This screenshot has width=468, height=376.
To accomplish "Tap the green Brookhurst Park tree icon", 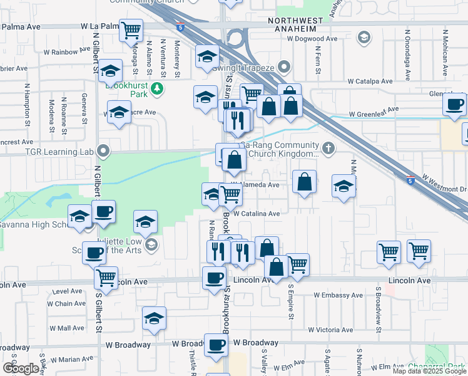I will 158,88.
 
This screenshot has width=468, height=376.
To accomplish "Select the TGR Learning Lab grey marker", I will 104,150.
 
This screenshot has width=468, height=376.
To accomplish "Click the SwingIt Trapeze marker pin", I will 285,66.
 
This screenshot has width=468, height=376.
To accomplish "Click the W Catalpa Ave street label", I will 370,81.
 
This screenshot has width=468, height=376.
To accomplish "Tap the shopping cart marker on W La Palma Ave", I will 131,29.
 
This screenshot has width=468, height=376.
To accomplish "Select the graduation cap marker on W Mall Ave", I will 154,319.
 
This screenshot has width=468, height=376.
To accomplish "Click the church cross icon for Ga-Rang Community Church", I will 328,149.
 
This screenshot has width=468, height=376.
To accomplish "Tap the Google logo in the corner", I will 21,368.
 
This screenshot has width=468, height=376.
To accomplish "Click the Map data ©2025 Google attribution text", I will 429,371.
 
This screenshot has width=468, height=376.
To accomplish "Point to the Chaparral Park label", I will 438,366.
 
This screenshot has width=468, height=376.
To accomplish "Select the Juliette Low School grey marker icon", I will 151,245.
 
